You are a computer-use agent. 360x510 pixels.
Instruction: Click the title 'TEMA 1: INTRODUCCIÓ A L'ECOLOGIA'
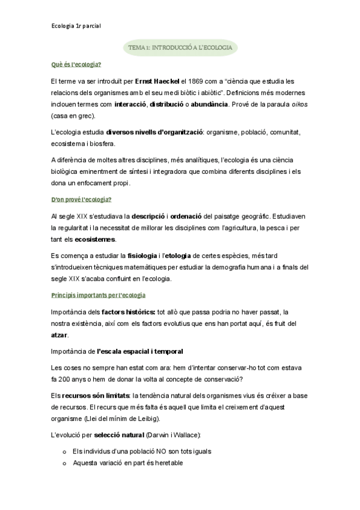(x=180, y=47)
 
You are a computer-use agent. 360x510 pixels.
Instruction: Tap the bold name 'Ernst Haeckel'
(x=156, y=81)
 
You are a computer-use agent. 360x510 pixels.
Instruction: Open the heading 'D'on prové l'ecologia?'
(x=82, y=199)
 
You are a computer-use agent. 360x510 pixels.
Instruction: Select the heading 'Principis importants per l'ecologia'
(x=99, y=295)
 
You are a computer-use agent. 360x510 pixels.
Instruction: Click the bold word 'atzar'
(x=59, y=334)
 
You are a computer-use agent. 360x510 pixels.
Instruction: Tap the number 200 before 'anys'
(x=68, y=378)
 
